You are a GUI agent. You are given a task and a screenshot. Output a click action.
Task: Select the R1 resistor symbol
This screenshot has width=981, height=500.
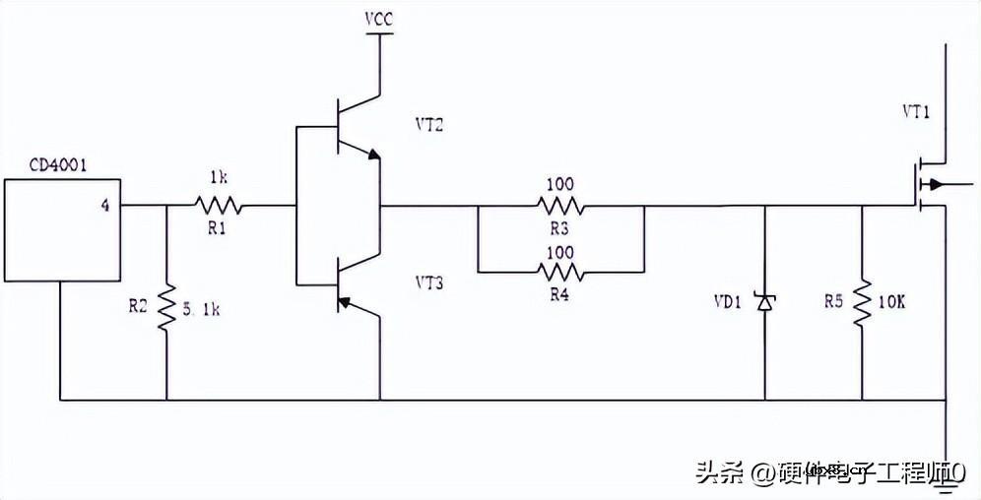point(217,206)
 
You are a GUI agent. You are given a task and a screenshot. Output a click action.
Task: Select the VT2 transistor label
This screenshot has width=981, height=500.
point(430,125)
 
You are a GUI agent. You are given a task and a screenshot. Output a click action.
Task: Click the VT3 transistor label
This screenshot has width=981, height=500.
point(430,283)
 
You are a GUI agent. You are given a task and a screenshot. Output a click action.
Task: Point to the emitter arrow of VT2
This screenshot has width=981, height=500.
point(372,154)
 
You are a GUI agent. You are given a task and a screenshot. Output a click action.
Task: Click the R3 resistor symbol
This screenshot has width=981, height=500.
point(559,207)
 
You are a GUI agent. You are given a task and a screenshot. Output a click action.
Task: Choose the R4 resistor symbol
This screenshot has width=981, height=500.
point(559,271)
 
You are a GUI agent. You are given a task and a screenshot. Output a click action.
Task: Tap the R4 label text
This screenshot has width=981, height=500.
point(559,292)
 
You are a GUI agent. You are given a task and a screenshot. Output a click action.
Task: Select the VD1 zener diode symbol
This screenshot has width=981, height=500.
point(764,303)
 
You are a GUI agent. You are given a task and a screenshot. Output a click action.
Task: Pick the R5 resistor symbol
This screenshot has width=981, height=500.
point(862,304)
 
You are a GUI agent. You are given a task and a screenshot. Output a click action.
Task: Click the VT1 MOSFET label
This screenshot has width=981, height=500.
point(916,112)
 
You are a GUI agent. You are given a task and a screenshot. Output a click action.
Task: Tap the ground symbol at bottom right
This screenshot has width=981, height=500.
point(946,478)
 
